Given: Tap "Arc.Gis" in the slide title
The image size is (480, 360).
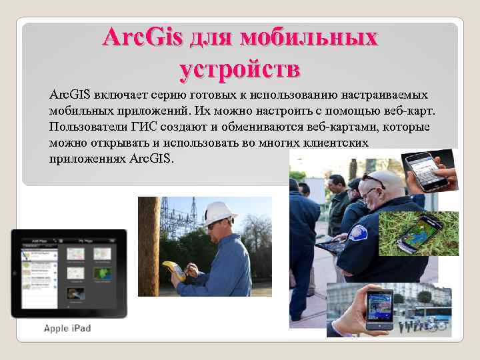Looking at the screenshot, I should coord(142,37).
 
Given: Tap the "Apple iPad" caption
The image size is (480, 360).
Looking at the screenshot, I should coord(67,328).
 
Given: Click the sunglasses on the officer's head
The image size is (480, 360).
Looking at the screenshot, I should coord(373,181).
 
